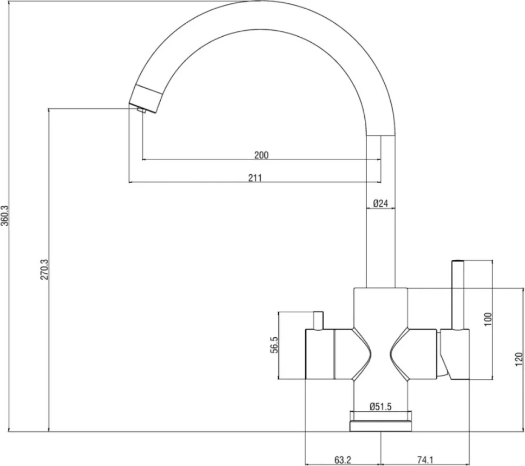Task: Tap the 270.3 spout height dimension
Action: point(45,269)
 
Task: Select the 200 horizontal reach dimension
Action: point(261,155)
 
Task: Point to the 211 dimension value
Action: point(255,178)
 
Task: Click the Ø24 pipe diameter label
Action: point(380,203)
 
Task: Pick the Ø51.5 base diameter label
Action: point(380,407)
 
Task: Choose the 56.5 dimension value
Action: point(274,345)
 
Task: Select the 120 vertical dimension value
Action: point(519,359)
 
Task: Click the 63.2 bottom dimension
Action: point(343,460)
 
